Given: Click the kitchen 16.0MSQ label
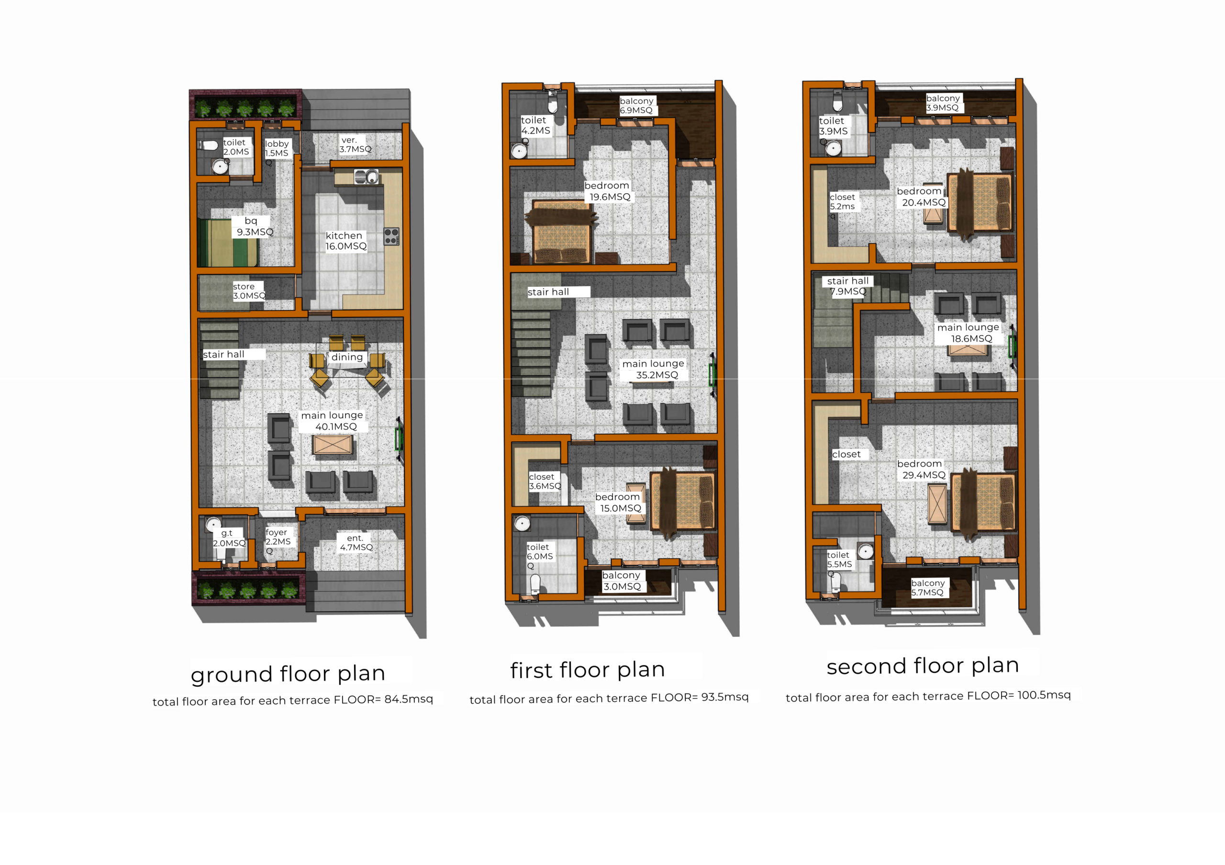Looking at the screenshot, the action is pos(346,241).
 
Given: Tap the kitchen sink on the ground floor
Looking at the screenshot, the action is pos(367,176).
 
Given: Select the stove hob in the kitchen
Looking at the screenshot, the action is pos(391,236).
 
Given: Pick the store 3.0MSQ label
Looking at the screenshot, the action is pos(249,291).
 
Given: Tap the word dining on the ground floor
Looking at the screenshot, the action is pos(347,357).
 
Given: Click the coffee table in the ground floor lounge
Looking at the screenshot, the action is pos(333,445).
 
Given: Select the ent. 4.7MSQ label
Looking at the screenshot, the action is pos(356,543).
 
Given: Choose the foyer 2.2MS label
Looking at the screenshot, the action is pos(278,537).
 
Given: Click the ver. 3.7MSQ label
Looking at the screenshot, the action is pos(355,144).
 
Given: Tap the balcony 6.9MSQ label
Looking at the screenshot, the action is pos(636,106).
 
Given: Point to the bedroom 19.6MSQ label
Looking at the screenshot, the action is pos(608,191).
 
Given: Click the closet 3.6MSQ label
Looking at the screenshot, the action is pos(545,482).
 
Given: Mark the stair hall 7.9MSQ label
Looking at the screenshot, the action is pos(847,286).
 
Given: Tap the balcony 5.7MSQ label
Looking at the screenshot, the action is pos(928,588).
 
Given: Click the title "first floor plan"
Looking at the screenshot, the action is pos(588,670).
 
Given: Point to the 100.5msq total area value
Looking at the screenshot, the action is pos(1044,695).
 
